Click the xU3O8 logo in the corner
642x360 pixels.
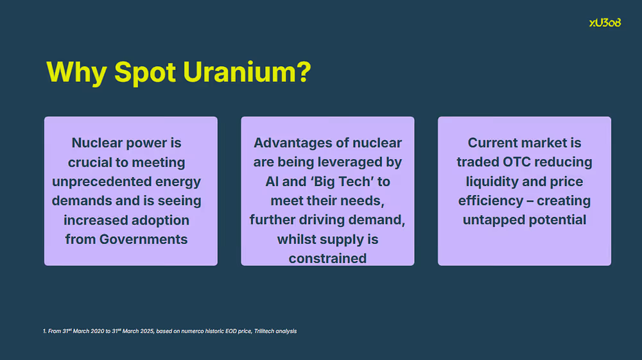tap(605, 23)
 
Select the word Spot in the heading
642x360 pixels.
tap(145, 73)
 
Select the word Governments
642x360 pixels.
tap(143, 239)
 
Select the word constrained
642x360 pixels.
tap(327, 259)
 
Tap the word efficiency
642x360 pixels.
tap(490, 201)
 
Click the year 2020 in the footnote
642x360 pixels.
tap(98, 331)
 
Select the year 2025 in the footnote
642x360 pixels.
tap(147, 331)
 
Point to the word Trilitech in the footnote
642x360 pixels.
tap(264, 331)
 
